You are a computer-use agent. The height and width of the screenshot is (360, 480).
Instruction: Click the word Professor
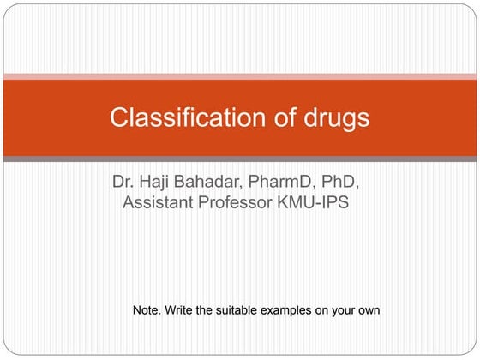243,204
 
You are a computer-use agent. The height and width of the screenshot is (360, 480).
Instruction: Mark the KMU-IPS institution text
320,204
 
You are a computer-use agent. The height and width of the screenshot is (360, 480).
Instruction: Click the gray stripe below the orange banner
240,159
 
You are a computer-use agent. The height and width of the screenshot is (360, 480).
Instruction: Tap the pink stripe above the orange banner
240,76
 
